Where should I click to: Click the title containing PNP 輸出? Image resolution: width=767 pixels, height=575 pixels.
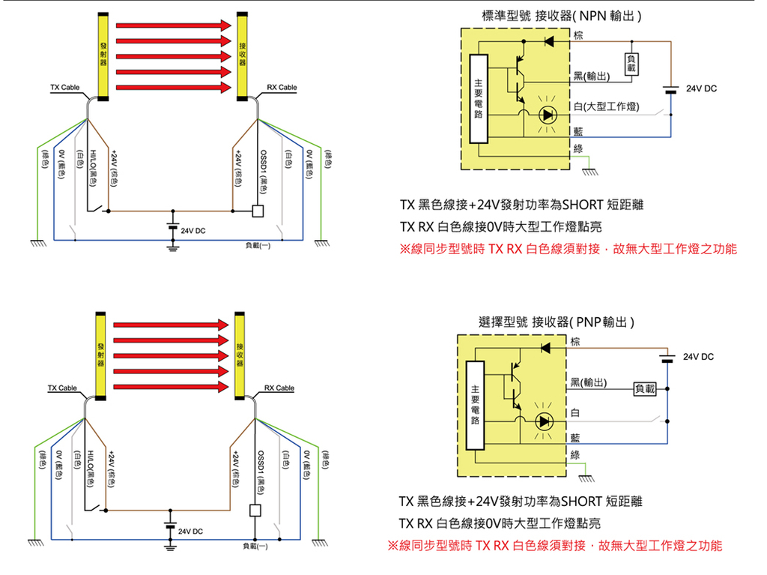pyautogui.click(x=557, y=322)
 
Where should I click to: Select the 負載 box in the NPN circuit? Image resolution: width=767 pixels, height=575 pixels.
pyautogui.click(x=631, y=64)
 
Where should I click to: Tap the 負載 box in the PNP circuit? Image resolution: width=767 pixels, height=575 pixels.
pyautogui.click(x=644, y=388)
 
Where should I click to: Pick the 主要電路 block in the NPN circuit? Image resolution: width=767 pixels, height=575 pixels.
pyautogui.click(x=478, y=98)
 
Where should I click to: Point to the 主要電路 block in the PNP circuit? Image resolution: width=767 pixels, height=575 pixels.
pyautogui.click(x=474, y=405)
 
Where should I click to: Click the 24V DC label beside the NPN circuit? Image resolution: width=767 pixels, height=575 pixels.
pyautogui.click(x=700, y=88)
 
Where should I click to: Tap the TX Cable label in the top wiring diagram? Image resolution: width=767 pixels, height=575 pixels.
pyautogui.click(x=65, y=88)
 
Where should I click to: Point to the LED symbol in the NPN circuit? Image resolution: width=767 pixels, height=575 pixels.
pyautogui.click(x=548, y=115)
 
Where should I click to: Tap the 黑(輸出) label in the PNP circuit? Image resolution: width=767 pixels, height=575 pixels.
pyautogui.click(x=589, y=384)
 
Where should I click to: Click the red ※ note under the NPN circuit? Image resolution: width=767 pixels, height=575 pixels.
pyautogui.click(x=568, y=249)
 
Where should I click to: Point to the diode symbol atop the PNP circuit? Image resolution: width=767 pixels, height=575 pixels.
pyautogui.click(x=545, y=348)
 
